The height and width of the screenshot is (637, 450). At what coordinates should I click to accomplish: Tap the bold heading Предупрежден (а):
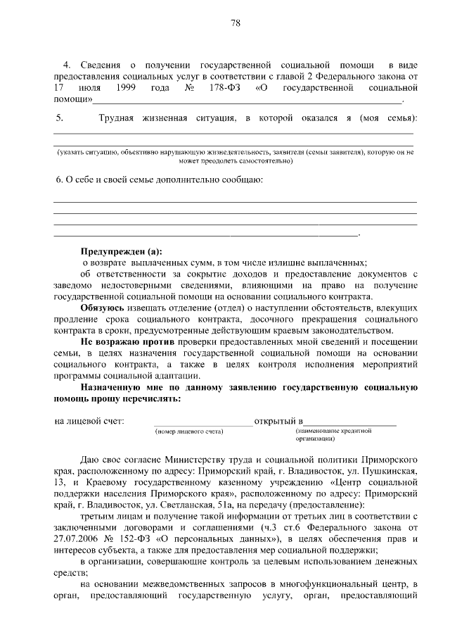120,251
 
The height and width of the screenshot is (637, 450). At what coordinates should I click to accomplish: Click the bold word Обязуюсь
103,308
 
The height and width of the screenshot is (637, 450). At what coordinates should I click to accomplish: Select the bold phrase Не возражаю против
123,341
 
